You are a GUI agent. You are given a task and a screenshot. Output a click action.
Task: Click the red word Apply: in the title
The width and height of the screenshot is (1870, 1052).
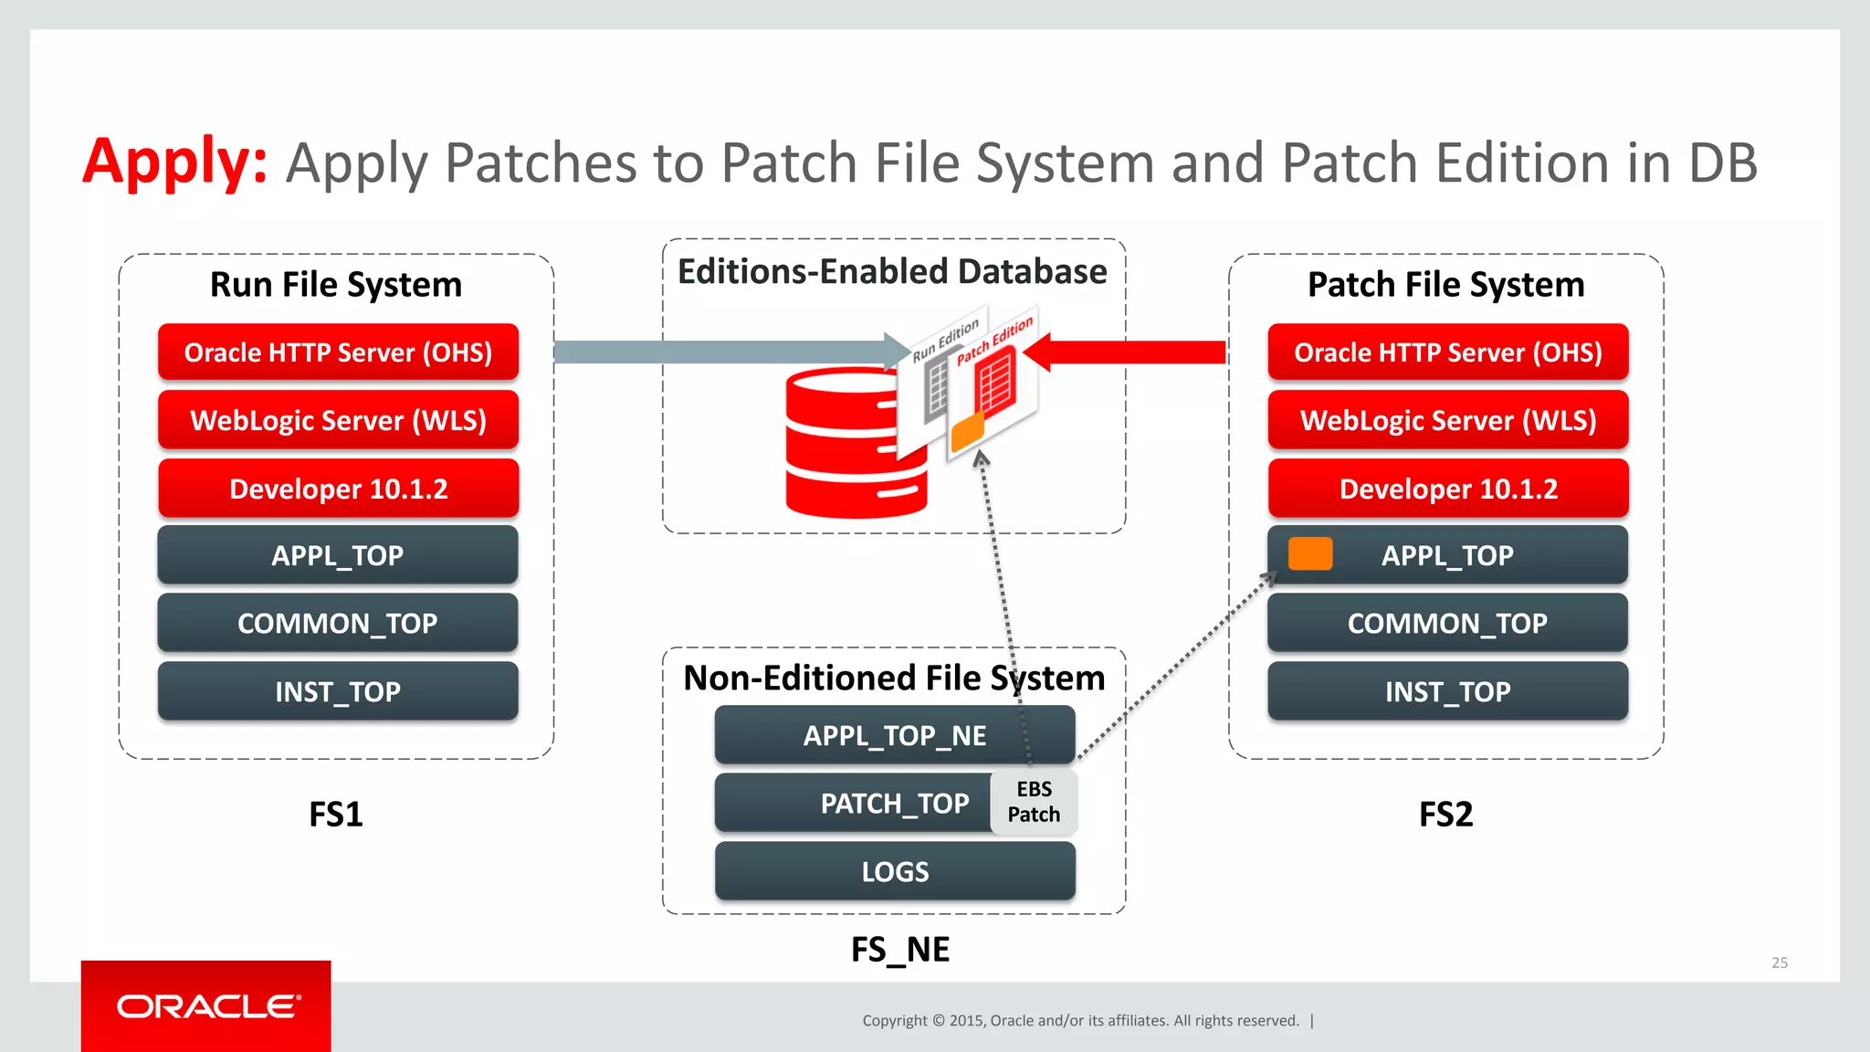(x=174, y=163)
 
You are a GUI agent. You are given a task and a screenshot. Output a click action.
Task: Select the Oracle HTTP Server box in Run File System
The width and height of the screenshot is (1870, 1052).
(x=338, y=352)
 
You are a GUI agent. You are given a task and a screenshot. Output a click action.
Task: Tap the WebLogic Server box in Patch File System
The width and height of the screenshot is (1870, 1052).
(x=1447, y=420)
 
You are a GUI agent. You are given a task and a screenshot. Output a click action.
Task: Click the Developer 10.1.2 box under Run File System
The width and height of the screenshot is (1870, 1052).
(x=338, y=489)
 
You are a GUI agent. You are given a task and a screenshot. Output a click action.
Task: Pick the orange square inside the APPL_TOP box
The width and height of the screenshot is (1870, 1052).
(x=1309, y=554)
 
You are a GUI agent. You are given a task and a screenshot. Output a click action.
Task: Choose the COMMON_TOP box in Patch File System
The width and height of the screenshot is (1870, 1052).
(x=1447, y=623)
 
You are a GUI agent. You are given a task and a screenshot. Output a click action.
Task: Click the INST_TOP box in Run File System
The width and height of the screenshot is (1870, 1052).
(x=338, y=691)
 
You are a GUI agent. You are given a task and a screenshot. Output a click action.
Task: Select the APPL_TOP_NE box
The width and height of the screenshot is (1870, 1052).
(x=894, y=735)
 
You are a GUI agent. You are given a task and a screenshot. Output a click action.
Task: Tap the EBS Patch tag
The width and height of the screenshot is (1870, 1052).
(x=1034, y=802)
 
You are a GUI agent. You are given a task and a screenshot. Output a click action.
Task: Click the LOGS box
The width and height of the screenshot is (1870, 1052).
(x=894, y=871)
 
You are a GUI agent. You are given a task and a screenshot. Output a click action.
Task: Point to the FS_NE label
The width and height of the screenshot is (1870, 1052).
(x=899, y=950)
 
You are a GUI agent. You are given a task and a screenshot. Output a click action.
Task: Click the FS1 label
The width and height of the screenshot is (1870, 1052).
(x=335, y=814)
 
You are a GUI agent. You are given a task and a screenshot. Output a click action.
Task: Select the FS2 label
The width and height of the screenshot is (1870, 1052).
(x=1445, y=814)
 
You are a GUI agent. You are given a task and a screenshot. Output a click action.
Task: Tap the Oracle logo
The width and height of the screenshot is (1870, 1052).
(x=207, y=1006)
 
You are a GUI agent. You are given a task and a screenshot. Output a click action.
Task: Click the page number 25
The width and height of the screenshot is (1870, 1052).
(x=1779, y=963)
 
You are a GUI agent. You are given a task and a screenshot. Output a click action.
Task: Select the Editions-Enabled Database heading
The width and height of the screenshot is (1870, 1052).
(x=892, y=272)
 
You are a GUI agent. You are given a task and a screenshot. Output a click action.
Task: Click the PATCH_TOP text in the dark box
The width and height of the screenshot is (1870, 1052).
(x=894, y=804)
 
